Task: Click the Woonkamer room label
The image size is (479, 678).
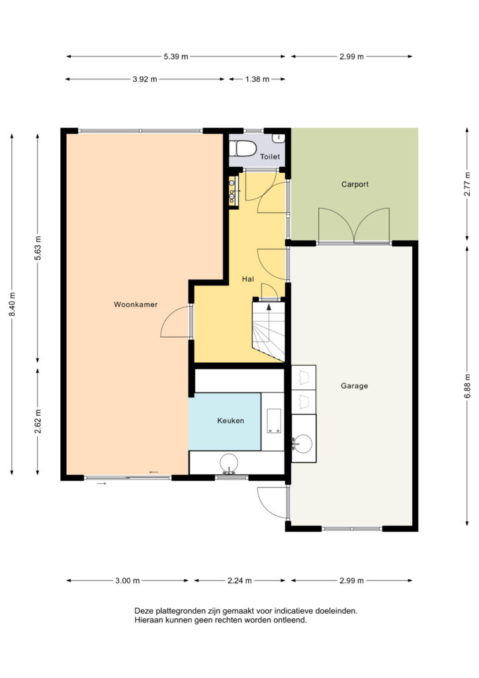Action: tap(136, 305)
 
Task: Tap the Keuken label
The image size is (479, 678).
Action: tap(231, 420)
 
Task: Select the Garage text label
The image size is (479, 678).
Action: tap(354, 386)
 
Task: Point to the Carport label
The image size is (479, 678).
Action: tap(355, 184)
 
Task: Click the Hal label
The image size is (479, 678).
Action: tap(248, 279)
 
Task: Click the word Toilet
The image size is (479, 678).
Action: tap(270, 156)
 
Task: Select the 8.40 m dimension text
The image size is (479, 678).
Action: tap(12, 304)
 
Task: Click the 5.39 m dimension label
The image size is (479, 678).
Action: tap(176, 56)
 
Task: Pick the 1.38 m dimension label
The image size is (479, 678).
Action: tap(257, 79)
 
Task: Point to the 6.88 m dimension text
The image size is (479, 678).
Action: tap(467, 386)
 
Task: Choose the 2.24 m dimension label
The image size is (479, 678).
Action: tap(239, 581)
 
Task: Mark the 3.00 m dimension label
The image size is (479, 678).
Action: tap(128, 581)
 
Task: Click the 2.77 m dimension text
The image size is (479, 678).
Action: tap(467, 184)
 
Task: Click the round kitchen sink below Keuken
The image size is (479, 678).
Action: tap(229, 463)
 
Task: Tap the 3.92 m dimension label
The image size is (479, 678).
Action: tap(145, 79)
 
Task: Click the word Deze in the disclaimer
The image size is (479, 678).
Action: tap(144, 611)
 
